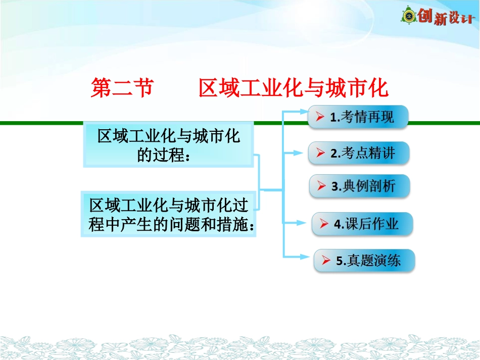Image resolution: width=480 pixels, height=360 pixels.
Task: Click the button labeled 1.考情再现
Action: [358, 117]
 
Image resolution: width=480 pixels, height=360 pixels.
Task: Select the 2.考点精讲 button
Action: [359, 153]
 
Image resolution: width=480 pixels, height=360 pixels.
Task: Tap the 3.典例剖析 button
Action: [359, 186]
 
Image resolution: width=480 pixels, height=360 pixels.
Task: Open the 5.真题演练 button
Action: [364, 261]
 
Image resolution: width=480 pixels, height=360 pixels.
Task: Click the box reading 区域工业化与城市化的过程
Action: [168, 145]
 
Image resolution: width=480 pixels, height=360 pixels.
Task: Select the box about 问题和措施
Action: [168, 214]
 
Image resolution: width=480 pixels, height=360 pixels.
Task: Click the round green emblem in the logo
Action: [409, 16]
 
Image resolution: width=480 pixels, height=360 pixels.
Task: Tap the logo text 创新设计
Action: [447, 17]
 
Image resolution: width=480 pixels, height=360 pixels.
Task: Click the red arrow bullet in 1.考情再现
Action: [320, 117]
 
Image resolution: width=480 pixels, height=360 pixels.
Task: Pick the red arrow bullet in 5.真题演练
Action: [326, 261]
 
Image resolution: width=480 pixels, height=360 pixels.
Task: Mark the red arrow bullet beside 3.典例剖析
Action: [322, 186]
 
